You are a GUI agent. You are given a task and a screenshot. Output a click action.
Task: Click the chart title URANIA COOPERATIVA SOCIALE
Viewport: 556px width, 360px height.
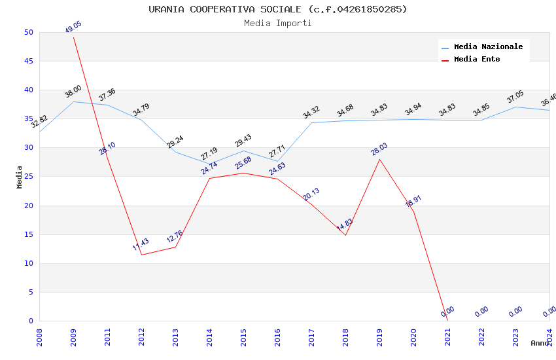coord(277,9)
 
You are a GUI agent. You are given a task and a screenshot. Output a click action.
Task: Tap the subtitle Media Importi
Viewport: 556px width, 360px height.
coord(277,23)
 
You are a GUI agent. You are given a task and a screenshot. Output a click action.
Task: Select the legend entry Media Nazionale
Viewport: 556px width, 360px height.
coord(488,47)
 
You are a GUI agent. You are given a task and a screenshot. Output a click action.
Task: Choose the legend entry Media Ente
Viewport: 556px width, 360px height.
coord(476,60)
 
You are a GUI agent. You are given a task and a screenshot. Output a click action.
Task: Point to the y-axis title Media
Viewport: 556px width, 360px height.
coord(20,177)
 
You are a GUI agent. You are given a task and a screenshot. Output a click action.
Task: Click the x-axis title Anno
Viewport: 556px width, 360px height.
coord(540,343)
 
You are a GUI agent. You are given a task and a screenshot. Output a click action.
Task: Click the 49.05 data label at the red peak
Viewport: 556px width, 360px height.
coord(73,27)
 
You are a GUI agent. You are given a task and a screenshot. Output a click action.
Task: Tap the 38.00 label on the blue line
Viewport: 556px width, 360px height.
coord(73,92)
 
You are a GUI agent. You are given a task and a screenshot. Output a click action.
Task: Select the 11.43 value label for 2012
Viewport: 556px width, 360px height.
coord(141,245)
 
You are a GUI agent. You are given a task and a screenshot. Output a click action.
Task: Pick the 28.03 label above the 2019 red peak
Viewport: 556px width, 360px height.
coord(379,149)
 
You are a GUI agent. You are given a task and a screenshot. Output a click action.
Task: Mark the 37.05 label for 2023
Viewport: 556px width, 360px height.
coord(515,98)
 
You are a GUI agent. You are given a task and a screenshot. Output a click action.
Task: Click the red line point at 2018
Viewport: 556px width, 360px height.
coord(345,235)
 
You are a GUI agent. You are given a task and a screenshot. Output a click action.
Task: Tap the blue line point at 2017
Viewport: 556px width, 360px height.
coord(311,123)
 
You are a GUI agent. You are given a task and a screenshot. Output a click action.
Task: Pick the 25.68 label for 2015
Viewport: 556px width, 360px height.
coord(243,163)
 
